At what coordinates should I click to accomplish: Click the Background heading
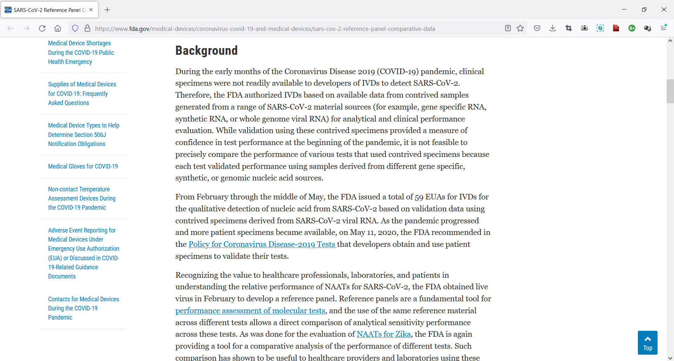(x=206, y=51)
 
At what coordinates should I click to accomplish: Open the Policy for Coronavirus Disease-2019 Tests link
(x=262, y=244)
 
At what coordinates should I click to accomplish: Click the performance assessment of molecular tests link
(x=250, y=311)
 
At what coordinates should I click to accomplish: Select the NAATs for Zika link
(x=383, y=334)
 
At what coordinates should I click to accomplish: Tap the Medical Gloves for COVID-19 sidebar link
(x=83, y=166)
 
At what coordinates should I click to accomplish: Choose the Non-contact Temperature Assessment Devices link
(x=81, y=198)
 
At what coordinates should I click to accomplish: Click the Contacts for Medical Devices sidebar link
(x=83, y=308)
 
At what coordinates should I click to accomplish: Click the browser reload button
(x=42, y=28)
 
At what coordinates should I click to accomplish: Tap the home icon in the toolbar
(x=58, y=28)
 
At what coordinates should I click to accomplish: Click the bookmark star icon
(x=520, y=28)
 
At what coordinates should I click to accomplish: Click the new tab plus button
(x=107, y=10)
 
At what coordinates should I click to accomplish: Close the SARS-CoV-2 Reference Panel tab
(x=91, y=10)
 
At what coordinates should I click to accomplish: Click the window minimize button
(x=624, y=9)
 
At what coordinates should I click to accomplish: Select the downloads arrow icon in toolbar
(x=553, y=28)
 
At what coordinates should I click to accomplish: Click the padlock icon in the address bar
(x=87, y=28)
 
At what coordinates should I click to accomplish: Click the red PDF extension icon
(x=616, y=28)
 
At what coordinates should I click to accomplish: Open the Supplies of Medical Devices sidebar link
(x=82, y=93)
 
